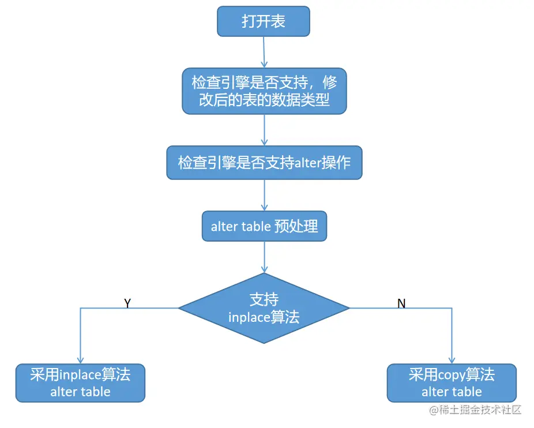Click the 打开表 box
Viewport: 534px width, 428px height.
[264, 21]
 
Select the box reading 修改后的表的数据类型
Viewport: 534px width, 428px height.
[264, 91]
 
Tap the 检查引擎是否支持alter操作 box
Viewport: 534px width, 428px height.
[264, 163]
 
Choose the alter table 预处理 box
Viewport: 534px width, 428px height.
[264, 226]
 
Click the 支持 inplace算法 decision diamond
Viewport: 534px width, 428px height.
[264, 308]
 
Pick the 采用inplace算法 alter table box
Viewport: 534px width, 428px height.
[80, 383]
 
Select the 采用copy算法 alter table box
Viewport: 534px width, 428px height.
[452, 383]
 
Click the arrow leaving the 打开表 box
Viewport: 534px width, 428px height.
[264, 52]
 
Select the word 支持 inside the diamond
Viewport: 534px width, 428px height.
[264, 299]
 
